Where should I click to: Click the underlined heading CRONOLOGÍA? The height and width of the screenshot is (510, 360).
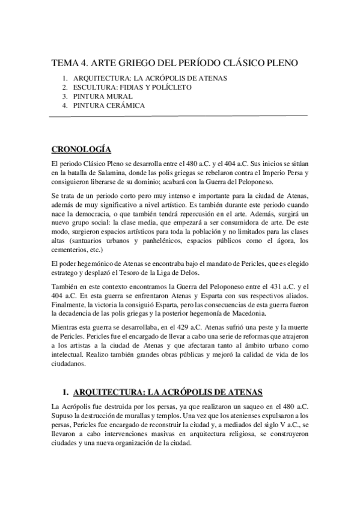(x=81, y=149)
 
